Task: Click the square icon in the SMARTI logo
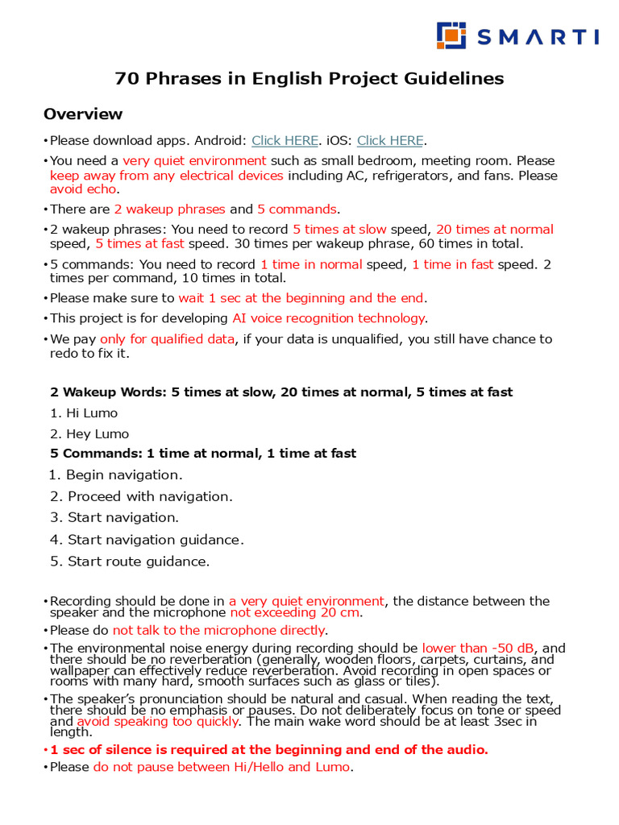pos(451,35)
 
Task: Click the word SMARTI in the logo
pos(537,36)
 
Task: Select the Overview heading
pos(83,114)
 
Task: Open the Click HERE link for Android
pos(285,140)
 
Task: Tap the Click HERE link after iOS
pos(390,140)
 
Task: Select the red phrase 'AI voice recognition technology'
pos(328,318)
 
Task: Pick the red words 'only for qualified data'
pos(167,339)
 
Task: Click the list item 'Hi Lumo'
pos(91,413)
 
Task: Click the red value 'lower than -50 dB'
pos(479,648)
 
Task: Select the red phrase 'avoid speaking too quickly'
pos(156,722)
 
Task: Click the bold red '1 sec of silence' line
pos(269,749)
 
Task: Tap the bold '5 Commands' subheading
pos(203,454)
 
